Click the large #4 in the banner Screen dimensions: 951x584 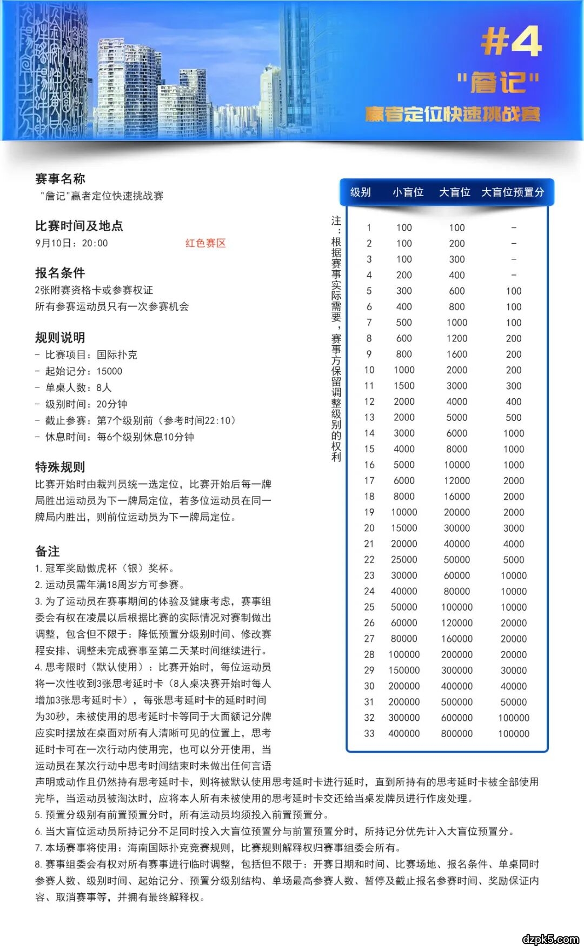click(511, 41)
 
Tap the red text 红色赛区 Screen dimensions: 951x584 click(205, 243)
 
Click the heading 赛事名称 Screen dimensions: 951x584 click(60, 179)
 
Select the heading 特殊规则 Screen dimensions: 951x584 click(60, 467)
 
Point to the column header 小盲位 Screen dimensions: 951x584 click(408, 192)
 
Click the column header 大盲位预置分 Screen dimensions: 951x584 click(513, 192)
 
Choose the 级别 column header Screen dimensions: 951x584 click(361, 192)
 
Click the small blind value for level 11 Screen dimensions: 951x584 click(404, 386)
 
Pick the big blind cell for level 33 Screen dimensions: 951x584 click(457, 734)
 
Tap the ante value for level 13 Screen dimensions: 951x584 click(514, 418)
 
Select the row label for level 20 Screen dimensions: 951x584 click(369, 528)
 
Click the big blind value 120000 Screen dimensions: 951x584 click(457, 623)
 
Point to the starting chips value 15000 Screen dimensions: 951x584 click(110, 371)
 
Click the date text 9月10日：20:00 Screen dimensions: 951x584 click(71, 243)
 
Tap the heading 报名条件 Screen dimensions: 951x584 click(60, 273)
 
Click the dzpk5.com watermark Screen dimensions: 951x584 click(550, 939)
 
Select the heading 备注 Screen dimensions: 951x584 click(48, 551)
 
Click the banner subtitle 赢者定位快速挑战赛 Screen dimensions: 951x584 click(452, 114)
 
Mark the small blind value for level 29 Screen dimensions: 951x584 click(404, 671)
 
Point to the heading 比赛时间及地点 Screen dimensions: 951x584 click(79, 226)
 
